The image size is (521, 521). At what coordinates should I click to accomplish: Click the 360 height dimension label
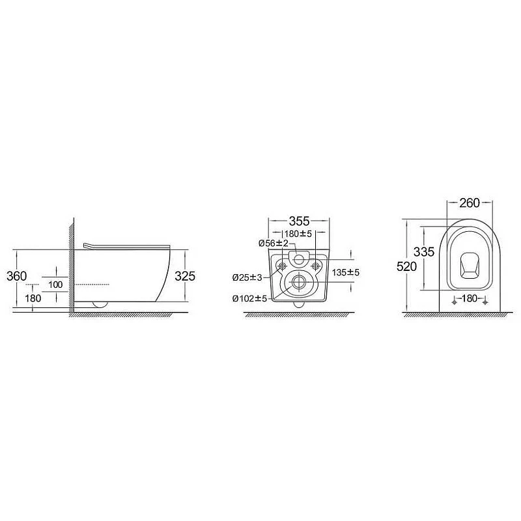point(17,275)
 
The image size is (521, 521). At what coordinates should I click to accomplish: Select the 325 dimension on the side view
point(185,275)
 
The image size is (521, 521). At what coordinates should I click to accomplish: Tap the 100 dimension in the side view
point(55,285)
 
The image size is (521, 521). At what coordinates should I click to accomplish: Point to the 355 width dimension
point(299,221)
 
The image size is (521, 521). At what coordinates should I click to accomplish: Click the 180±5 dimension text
point(298,234)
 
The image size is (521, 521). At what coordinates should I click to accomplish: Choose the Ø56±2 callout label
point(273,244)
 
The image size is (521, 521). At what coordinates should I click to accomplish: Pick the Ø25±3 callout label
point(247,277)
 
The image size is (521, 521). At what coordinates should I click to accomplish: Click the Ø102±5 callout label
point(250,299)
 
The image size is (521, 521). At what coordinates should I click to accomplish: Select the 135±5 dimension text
point(346,273)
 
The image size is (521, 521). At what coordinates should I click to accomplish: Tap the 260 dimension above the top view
point(470,203)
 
